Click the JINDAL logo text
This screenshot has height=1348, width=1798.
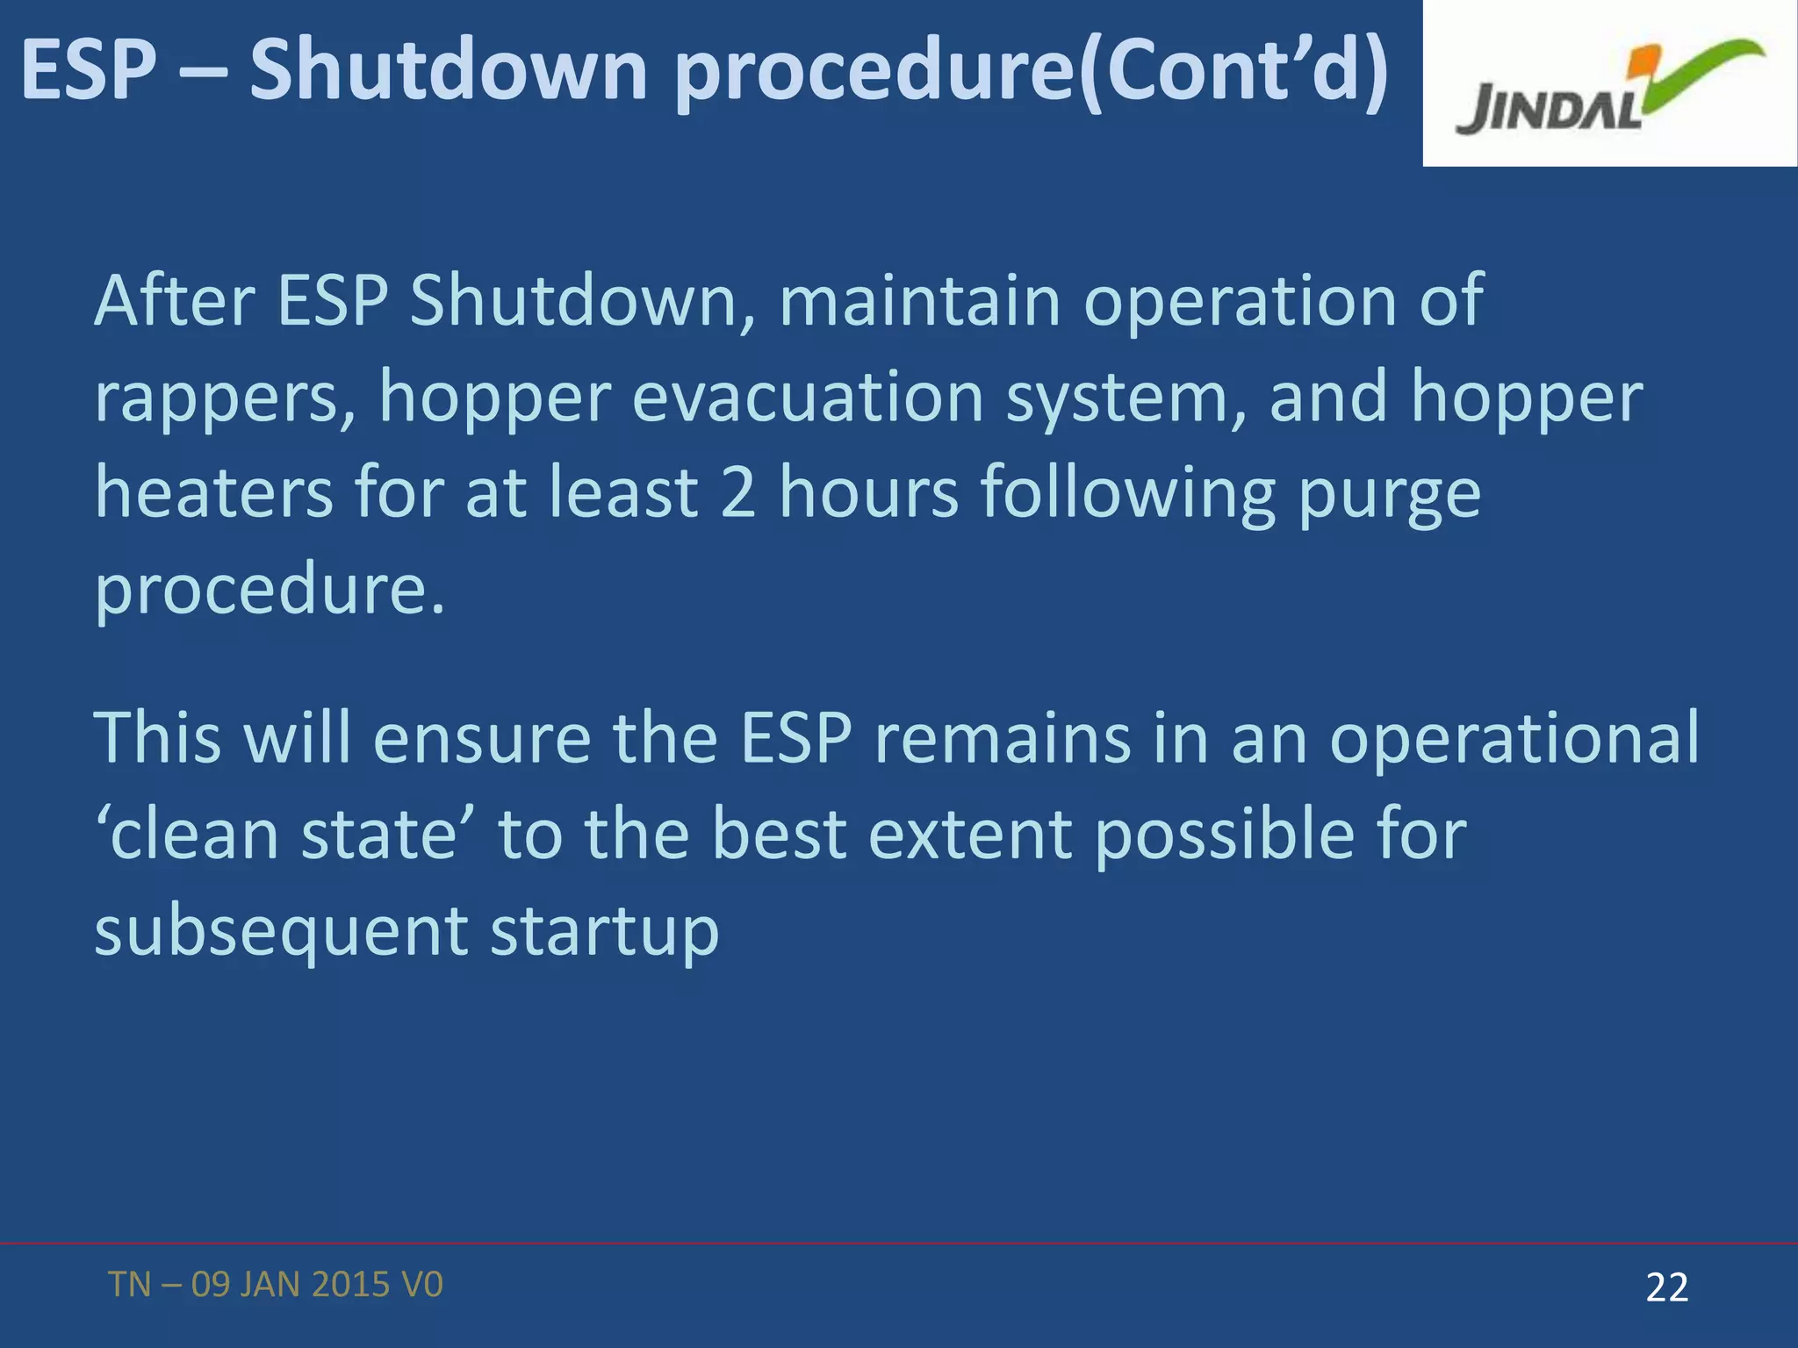click(x=1548, y=109)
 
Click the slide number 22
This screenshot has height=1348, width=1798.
click(x=1666, y=1287)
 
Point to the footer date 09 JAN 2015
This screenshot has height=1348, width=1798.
click(x=290, y=1285)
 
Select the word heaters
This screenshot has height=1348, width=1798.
click(x=213, y=492)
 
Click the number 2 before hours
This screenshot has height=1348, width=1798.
click(x=738, y=492)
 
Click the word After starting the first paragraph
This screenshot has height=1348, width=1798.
click(x=174, y=301)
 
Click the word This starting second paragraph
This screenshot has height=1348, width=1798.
click(x=156, y=737)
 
